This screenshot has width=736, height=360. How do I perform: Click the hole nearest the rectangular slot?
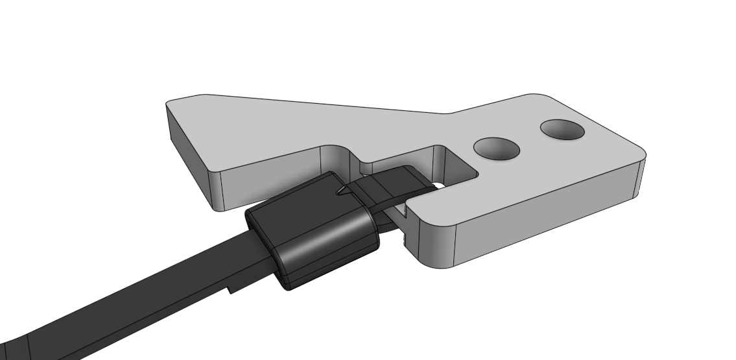497,149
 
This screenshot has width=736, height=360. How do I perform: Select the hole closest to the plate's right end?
562,130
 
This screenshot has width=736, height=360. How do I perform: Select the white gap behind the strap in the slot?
440,186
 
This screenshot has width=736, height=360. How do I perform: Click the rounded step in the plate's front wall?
337,156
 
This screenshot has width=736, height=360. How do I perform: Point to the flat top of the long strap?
162,285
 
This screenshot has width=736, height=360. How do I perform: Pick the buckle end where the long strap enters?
263,240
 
